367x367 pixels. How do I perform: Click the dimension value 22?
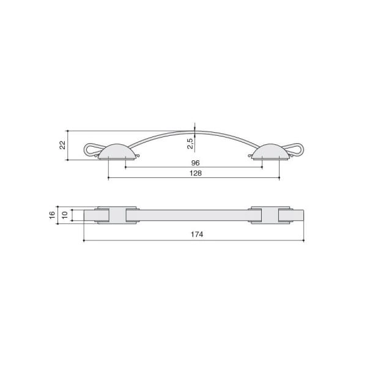pyautogui.click(x=62, y=145)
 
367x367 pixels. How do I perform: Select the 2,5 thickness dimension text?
pyautogui.click(x=190, y=144)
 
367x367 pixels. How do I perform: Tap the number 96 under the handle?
pyautogui.click(x=195, y=163)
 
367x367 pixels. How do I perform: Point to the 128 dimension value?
pyautogui.click(x=196, y=173)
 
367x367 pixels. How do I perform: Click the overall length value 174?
pyautogui.click(x=197, y=234)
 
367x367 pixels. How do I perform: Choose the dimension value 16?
pyautogui.click(x=52, y=215)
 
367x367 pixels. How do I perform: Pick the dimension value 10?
pyautogui.click(x=65, y=215)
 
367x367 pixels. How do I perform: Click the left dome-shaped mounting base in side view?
pyautogui.click(x=117, y=152)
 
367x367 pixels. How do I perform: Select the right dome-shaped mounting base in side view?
pyautogui.click(x=271, y=152)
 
